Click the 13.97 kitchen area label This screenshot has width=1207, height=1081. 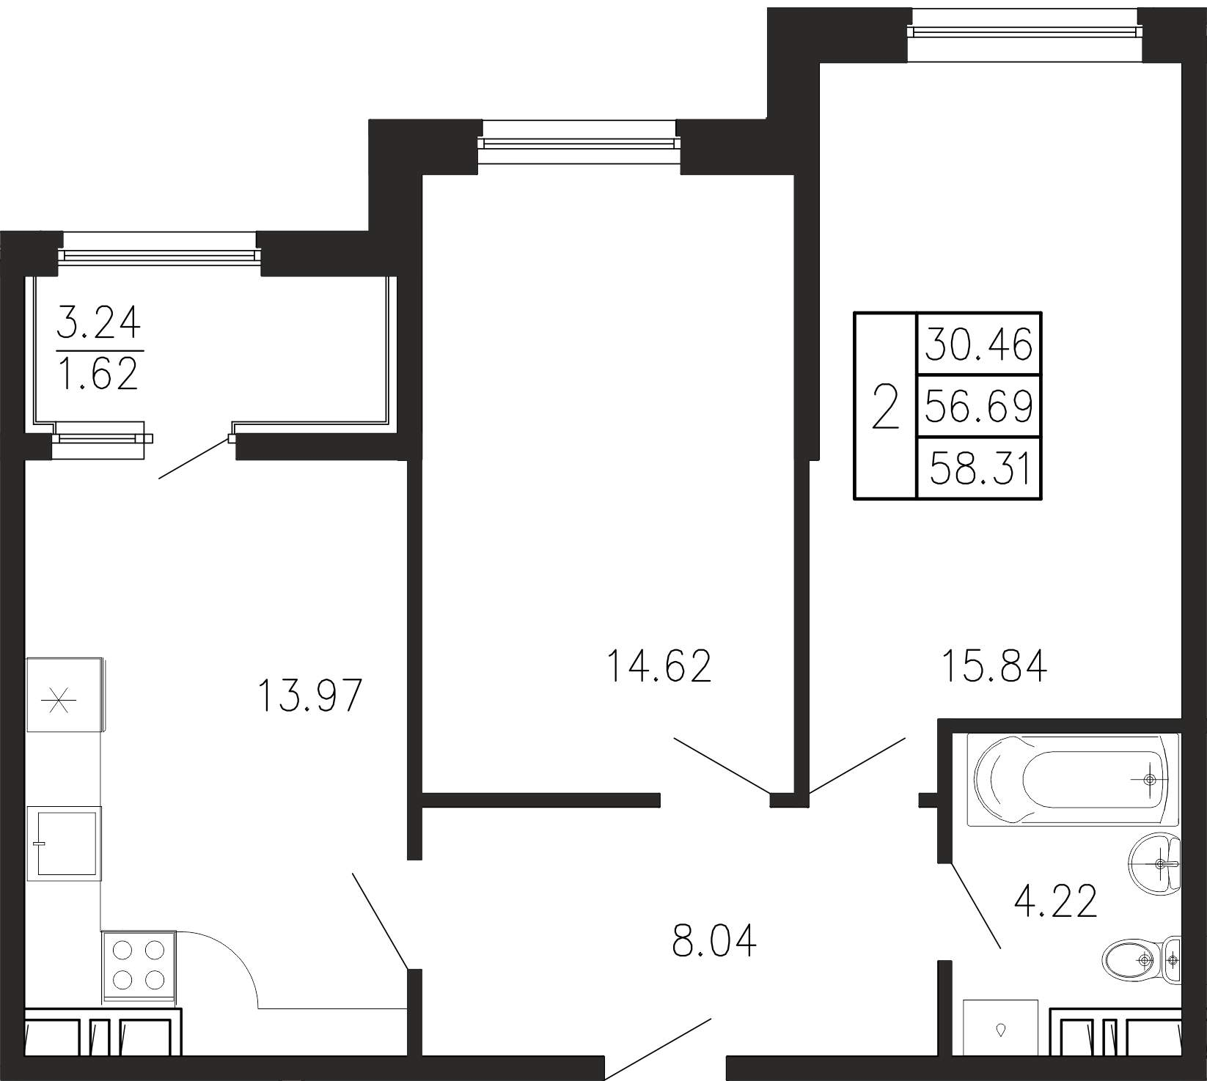(x=310, y=696)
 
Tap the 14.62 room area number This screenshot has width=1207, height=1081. (x=659, y=666)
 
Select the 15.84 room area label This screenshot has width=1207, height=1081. (x=994, y=666)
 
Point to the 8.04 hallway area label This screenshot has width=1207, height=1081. (x=714, y=940)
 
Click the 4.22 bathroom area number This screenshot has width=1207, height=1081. (x=1055, y=901)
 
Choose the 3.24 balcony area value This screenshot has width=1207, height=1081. (x=99, y=322)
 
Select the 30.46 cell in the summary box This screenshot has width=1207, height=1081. (x=978, y=344)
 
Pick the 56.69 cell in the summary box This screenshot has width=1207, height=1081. (x=978, y=405)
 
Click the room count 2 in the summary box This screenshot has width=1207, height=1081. (x=885, y=407)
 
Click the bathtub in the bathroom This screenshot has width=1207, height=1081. (x=1072, y=779)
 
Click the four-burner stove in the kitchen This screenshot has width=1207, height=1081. (x=139, y=967)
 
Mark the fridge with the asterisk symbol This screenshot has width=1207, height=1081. (x=64, y=695)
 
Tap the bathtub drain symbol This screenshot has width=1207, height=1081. (x=1149, y=780)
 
